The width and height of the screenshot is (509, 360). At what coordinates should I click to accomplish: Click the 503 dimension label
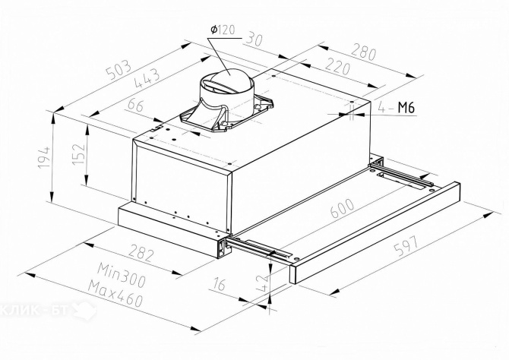tap(120, 70)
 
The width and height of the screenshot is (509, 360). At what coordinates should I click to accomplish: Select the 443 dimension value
tap(147, 78)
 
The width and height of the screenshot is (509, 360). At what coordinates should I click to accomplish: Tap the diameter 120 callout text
tap(223, 30)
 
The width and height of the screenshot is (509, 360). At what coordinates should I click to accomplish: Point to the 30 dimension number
tap(254, 39)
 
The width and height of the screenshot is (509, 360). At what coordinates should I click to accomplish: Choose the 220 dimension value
tap(338, 66)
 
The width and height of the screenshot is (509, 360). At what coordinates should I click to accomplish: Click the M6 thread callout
tap(406, 107)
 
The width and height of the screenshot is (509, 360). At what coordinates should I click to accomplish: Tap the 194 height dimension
tap(45, 157)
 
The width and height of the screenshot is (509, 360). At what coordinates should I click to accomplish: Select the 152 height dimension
tap(79, 153)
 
